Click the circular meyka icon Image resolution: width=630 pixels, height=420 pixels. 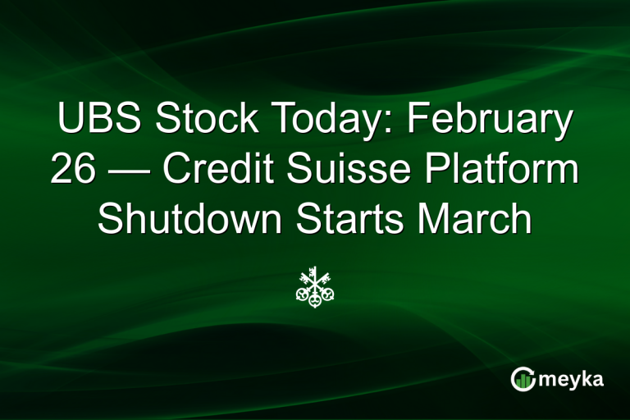(523, 378)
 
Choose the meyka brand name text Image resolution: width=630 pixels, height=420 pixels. (573, 379)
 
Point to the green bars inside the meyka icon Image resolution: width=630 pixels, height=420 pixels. (523, 381)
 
